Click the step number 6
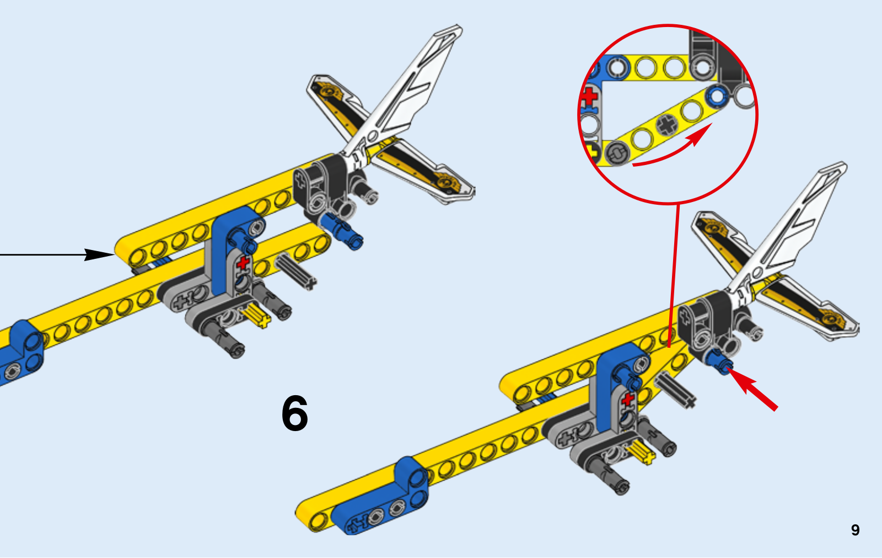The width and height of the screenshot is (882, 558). (x=294, y=413)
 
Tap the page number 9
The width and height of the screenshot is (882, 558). (x=855, y=530)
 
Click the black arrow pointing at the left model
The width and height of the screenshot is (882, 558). (x=57, y=255)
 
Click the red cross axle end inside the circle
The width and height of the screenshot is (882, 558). (x=589, y=97)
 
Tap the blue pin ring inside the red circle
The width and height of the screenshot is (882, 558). (x=717, y=96)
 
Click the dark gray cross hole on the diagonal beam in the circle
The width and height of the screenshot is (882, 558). (x=667, y=125)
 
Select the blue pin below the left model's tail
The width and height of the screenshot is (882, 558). (x=341, y=231)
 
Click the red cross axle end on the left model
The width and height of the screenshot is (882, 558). (x=243, y=263)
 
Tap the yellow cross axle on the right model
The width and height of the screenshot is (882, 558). (x=641, y=453)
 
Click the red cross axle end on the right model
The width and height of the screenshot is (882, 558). (x=628, y=399)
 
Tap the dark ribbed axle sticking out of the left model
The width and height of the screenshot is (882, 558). (x=295, y=273)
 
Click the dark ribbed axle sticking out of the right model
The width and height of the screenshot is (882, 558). (x=675, y=390)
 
